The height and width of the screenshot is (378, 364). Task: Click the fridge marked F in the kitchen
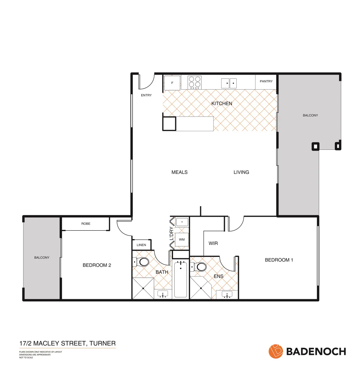172,83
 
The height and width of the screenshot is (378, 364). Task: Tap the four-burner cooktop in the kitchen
195,82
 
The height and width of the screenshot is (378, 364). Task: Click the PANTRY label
266,81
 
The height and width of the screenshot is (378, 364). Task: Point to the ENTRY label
146,95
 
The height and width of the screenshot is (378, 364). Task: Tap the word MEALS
180,172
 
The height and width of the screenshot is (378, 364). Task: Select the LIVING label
241,172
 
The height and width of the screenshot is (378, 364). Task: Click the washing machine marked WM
182,240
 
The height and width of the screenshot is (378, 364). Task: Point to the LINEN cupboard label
141,245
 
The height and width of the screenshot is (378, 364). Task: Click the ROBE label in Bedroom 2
86,224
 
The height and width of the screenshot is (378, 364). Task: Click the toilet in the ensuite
200,267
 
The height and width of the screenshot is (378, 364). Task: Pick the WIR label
213,243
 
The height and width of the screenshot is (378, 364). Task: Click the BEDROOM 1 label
279,260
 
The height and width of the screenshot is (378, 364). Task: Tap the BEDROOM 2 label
97,265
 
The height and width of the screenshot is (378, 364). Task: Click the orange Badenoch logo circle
276,351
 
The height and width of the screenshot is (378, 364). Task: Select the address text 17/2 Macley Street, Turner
67,343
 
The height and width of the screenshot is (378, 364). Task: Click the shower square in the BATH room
143,288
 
